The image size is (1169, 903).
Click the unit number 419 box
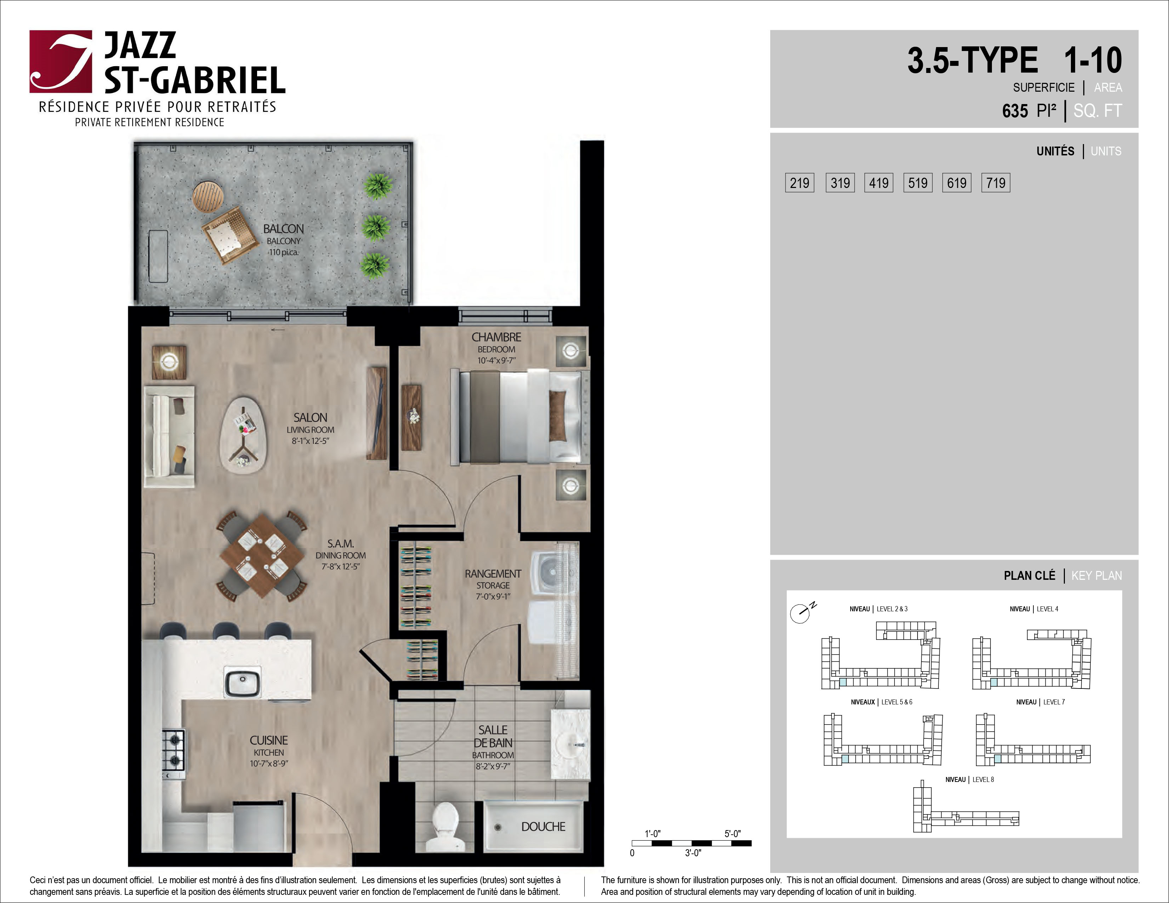point(878,183)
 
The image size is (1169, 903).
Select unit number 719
point(995,183)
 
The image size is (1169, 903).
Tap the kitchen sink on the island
point(243,682)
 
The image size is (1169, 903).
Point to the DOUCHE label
point(543,827)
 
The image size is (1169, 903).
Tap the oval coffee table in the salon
point(244,434)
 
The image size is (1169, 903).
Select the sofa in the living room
point(169,436)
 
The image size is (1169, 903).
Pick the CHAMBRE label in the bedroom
point(496,337)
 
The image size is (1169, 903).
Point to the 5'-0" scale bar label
point(733,834)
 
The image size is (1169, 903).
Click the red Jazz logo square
point(61,62)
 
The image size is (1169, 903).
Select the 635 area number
point(1015,111)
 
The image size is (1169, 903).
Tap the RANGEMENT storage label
point(493,573)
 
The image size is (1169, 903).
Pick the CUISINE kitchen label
point(269,741)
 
